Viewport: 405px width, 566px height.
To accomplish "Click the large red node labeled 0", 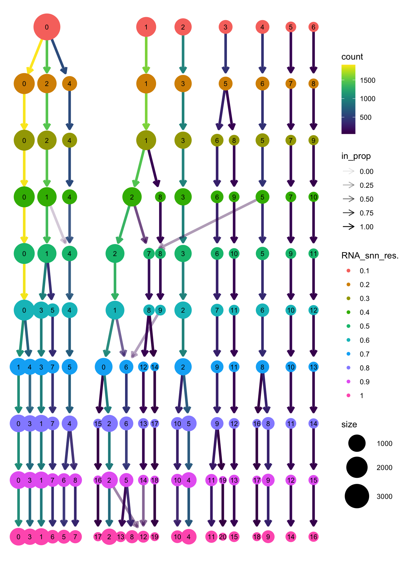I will [47, 27].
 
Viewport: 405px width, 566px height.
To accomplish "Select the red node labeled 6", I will [313, 27].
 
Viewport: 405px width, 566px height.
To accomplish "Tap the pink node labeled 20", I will [223, 537].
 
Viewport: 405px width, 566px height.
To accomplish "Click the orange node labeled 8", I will [313, 84].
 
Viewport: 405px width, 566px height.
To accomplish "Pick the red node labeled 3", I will [225, 27].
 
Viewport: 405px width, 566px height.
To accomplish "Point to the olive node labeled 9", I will [313, 140].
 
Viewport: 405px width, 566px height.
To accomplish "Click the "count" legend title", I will [352, 57].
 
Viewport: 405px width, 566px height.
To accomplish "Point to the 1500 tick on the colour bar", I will [368, 80].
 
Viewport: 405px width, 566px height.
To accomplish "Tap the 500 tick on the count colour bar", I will [366, 117].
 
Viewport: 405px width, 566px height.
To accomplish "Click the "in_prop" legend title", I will [356, 156].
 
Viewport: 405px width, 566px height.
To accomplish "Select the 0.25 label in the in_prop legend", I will [366, 185].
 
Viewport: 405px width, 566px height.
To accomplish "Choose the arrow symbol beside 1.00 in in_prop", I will [349, 227].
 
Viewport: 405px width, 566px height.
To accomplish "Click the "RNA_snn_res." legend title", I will [370, 256].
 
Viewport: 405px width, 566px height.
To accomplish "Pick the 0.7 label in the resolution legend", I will [364, 354].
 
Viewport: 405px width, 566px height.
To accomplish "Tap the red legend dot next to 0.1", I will [349, 271].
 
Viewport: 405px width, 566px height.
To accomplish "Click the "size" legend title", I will [349, 425].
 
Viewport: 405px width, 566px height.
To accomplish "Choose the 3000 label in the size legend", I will [384, 496].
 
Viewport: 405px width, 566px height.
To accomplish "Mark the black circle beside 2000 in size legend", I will [357, 467].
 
